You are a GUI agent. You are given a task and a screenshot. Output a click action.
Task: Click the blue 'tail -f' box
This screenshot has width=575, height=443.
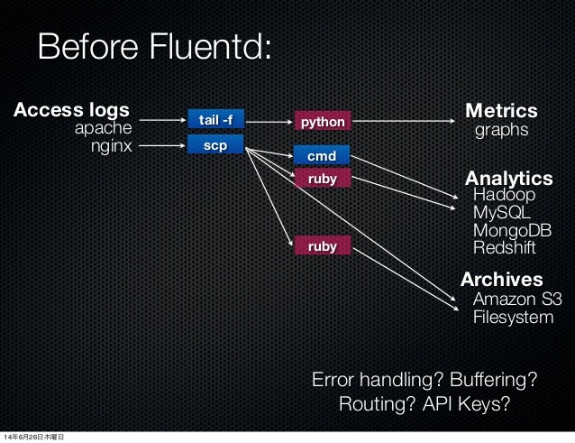(x=214, y=119)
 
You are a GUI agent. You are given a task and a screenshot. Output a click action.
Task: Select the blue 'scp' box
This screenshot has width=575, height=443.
(x=214, y=143)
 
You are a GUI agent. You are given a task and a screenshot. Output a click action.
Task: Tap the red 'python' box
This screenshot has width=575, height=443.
(x=323, y=120)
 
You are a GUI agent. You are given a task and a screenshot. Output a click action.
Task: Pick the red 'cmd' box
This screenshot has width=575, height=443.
(x=323, y=156)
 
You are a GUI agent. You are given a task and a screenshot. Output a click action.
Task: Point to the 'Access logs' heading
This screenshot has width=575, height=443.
(x=70, y=111)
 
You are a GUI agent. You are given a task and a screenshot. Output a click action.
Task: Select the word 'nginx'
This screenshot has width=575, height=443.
(x=110, y=145)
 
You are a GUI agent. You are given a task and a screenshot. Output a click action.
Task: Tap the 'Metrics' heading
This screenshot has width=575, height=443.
(x=501, y=111)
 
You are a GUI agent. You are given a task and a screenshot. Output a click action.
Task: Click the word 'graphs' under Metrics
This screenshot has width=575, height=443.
(x=500, y=131)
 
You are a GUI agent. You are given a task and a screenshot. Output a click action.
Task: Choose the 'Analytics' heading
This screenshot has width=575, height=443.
(x=507, y=177)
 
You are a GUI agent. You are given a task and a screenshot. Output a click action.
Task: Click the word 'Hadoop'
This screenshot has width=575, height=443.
(x=504, y=195)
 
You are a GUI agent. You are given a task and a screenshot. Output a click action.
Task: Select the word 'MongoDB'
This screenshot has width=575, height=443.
(x=511, y=231)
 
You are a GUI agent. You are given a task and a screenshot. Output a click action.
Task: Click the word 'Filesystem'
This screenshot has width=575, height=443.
(x=514, y=317)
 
